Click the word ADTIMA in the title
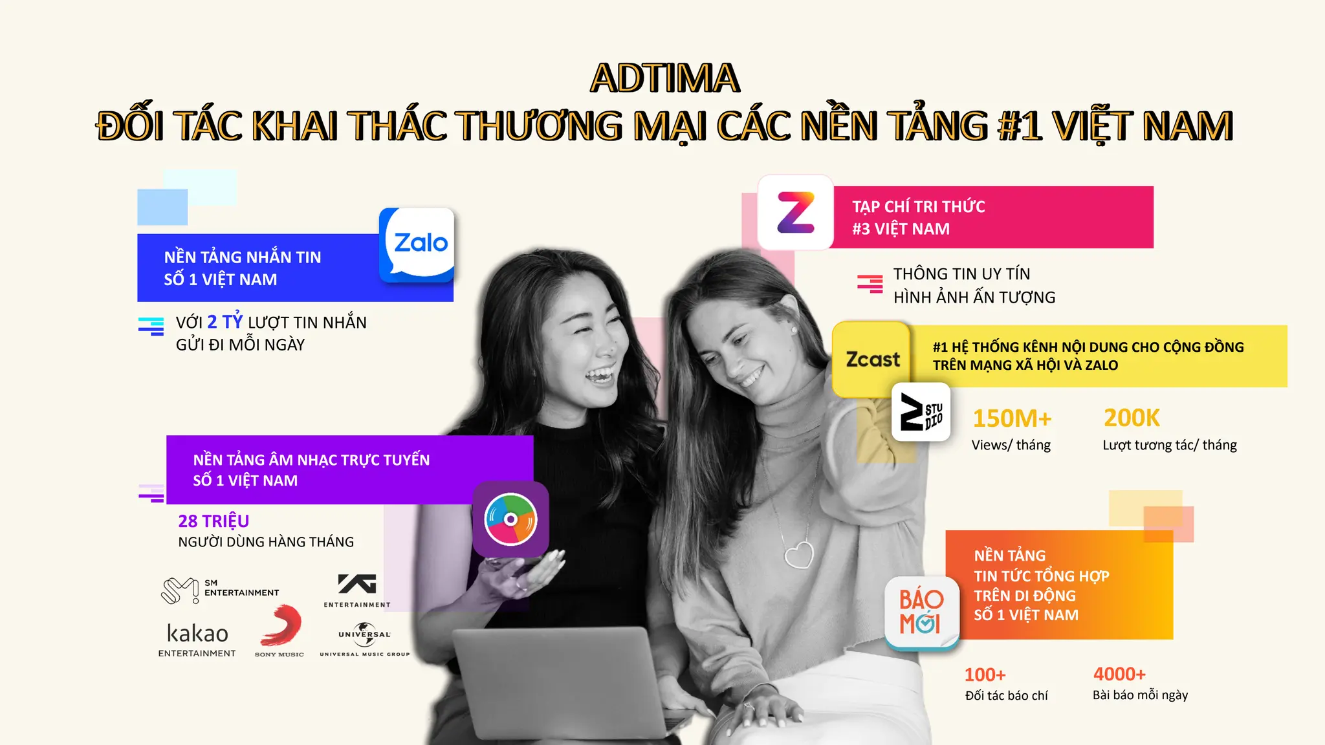tap(664, 78)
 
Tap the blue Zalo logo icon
tap(417, 244)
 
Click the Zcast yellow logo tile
tap(872, 359)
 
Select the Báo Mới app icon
tap(921, 612)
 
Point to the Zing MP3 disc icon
tap(510, 519)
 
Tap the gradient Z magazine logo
tap(795, 212)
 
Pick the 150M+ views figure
tap(1012, 419)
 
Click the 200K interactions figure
tap(1132, 418)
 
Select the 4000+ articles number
tap(1119, 674)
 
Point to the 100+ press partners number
tap(985, 675)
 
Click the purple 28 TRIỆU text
tap(214, 521)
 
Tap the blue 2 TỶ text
tap(224, 321)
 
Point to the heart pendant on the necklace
tap(799, 554)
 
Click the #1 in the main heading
tap(1020, 126)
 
